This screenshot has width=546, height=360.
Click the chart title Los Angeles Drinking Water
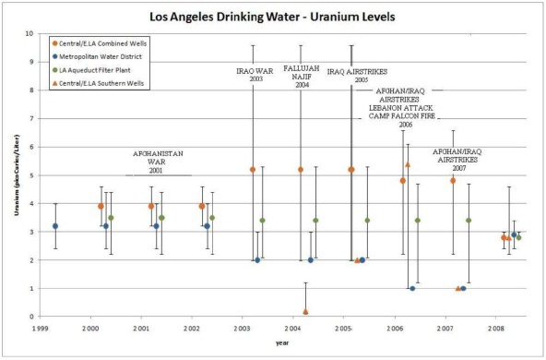274,17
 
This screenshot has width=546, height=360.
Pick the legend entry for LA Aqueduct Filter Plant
97,70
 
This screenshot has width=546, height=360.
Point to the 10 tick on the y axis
29,33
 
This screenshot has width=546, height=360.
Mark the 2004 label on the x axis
291,329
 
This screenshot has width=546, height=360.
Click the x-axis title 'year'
281,343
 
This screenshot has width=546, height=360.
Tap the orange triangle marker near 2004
305,311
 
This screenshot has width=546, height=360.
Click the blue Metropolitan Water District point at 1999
55,225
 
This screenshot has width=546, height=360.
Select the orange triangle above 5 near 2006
408,164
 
